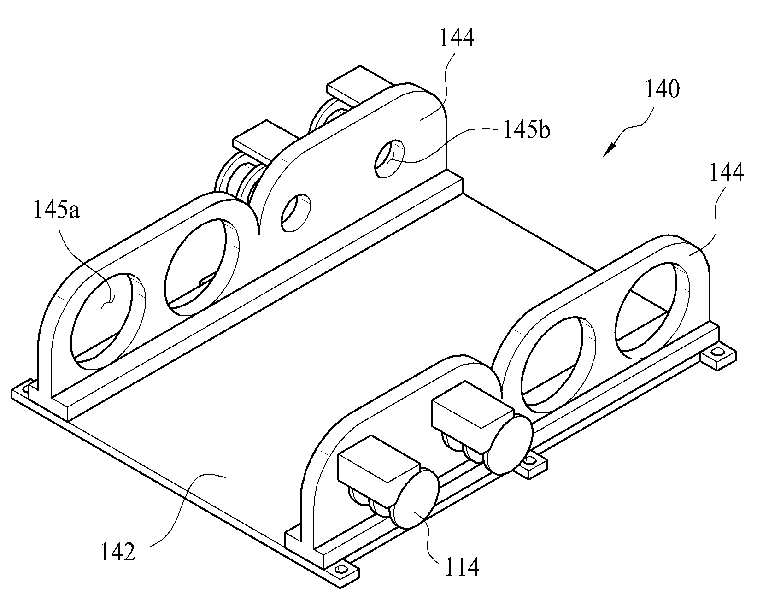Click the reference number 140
pyautogui.click(x=662, y=89)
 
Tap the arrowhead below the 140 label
pyautogui.click(x=609, y=150)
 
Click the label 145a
pyautogui.click(x=56, y=211)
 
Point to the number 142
pyautogui.click(x=118, y=552)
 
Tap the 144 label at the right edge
pyautogui.click(x=726, y=173)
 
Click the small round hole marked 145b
pyautogui.click(x=390, y=159)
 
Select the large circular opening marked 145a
pyautogui.click(x=107, y=321)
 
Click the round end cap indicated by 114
pyautogui.click(x=413, y=498)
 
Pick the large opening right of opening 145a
pyautogui.click(x=202, y=267)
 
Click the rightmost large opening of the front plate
pyautogui.click(x=653, y=310)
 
